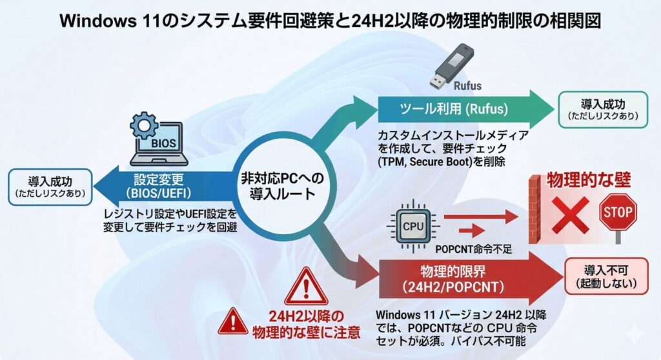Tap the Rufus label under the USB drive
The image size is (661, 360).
coord(467,85)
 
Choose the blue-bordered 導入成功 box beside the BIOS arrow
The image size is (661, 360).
coord(49,186)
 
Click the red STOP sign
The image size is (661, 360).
coord(618,212)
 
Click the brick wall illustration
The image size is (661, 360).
coord(534,209)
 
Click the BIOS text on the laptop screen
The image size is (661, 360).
coord(165,143)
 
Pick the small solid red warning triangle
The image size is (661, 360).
coord(232,323)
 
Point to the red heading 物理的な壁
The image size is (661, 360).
coord(588,179)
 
